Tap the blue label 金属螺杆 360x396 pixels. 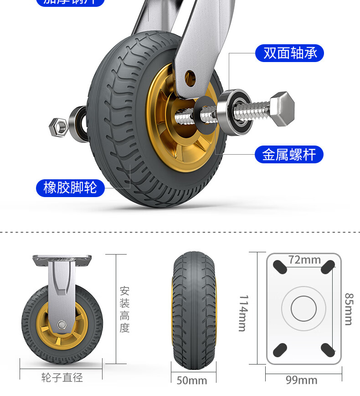click(x=289, y=155)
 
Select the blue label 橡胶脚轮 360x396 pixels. click(x=70, y=187)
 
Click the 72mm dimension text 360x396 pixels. click(x=304, y=260)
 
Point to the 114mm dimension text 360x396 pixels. click(x=243, y=313)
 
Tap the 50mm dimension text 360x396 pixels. click(x=191, y=380)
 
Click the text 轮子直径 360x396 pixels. click(x=62, y=378)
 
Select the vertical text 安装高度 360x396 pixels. click(x=125, y=309)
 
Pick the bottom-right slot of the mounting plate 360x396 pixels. click(x=328, y=350)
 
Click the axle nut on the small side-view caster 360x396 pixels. click(x=62, y=324)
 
